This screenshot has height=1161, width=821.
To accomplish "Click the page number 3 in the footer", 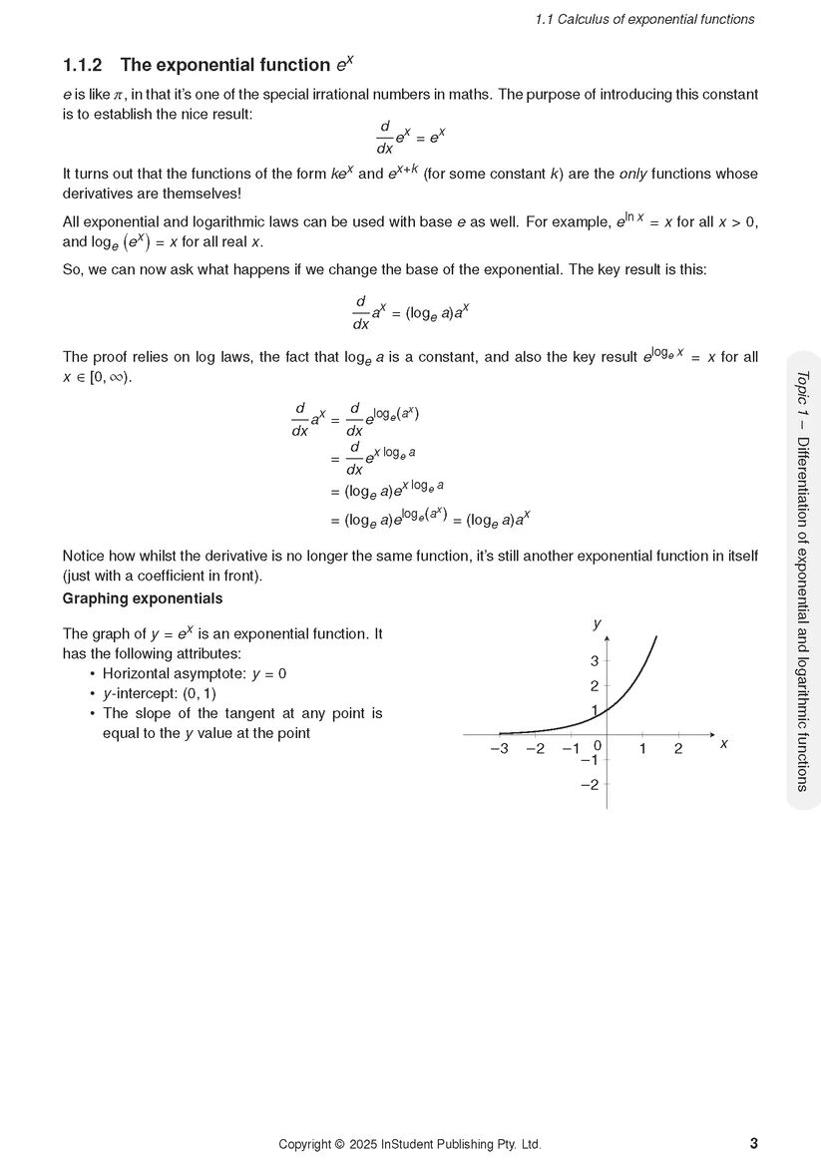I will coord(753,1143).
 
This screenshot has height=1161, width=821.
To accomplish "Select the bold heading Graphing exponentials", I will coord(143,598).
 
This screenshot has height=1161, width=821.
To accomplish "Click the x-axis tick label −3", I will coord(499,749).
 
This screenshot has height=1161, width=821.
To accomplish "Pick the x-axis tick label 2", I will coord(678,749).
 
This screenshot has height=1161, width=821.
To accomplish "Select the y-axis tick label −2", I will coord(589,784).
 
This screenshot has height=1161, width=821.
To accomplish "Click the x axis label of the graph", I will coord(723,744).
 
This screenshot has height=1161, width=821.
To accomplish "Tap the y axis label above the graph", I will coord(597,623).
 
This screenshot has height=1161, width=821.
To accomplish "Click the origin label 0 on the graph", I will coord(597,745).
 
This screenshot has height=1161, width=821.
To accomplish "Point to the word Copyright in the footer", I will coord(304,1144).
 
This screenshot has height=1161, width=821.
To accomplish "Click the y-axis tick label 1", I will coord(594,710).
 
